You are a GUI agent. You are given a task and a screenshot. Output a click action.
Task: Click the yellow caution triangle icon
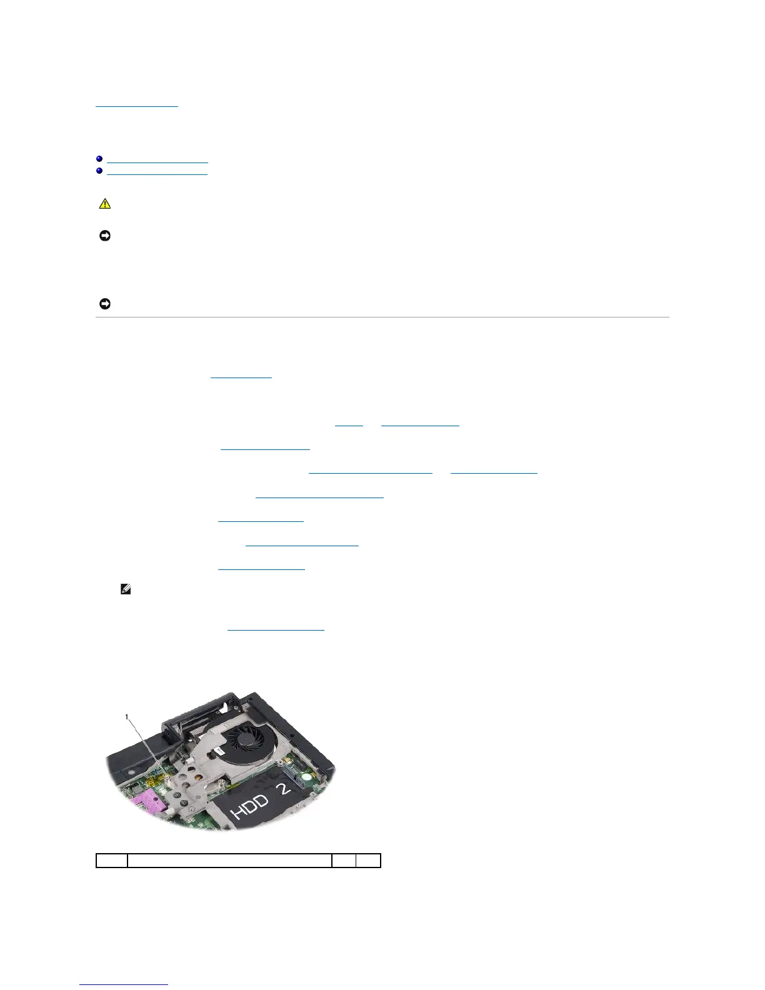pos(104,204)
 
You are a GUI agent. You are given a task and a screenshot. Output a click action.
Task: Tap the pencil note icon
pos(126,589)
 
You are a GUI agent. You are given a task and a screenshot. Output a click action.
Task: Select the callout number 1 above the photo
pos(127,717)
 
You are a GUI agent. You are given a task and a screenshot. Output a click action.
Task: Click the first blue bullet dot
pos(99,159)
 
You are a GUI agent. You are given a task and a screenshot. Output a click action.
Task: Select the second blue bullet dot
pos(99,171)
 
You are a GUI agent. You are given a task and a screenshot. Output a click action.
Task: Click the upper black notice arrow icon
pos(104,236)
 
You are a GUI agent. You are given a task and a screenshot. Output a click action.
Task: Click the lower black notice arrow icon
pos(104,304)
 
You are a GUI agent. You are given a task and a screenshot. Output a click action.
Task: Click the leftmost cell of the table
pos(111,861)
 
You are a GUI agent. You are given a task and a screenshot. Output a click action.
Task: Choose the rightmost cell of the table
pos(368,861)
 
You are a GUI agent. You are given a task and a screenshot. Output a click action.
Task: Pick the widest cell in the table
pos(229,861)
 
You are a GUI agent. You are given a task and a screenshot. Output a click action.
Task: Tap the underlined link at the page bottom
pos(124,984)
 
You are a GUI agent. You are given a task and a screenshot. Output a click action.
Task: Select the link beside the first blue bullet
pos(157,161)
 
